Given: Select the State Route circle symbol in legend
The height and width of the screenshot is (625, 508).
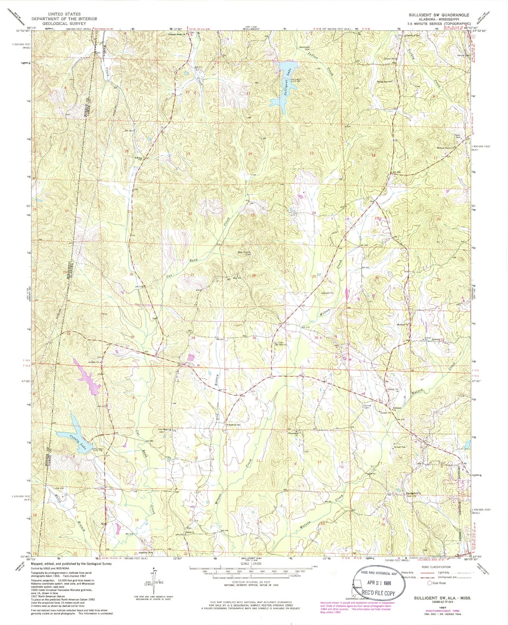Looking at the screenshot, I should pos(429,583).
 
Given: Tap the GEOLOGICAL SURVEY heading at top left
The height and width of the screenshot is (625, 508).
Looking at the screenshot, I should pos(64,24).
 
